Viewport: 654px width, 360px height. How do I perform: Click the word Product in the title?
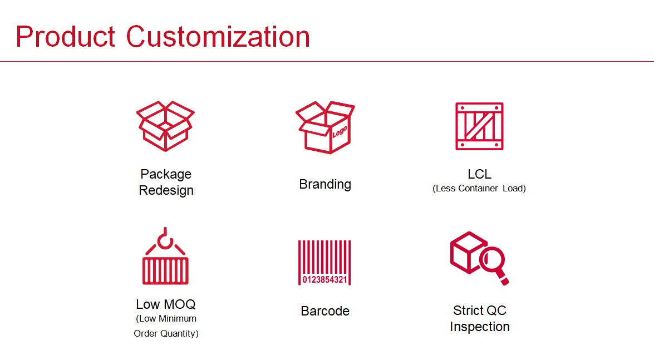[x=65, y=37]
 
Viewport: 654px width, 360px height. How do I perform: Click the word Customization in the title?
[x=218, y=37]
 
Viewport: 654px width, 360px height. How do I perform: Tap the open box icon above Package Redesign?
[x=165, y=126]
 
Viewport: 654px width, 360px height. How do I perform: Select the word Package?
[x=166, y=174]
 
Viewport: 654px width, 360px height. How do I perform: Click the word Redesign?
[x=166, y=190]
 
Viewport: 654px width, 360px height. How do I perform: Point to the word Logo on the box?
[x=340, y=132]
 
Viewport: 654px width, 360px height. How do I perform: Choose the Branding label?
[x=325, y=184]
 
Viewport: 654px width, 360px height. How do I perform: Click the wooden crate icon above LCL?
[x=479, y=126]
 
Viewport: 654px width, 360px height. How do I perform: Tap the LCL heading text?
[x=479, y=174]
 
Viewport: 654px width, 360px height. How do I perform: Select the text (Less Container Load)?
[x=479, y=188]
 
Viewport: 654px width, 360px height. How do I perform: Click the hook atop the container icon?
[x=165, y=239]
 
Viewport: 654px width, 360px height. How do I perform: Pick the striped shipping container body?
[x=165, y=271]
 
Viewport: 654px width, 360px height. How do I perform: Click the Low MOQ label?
[x=165, y=304]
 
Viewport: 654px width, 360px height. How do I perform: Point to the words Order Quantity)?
[x=166, y=333]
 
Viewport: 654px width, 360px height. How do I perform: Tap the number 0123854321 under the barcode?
[x=324, y=279]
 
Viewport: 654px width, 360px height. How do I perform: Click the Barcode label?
[x=325, y=311]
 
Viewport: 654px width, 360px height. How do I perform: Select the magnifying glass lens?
[x=492, y=259]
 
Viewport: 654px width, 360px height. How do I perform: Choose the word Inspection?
[x=480, y=327]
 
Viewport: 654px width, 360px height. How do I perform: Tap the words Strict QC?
[x=480, y=310]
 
